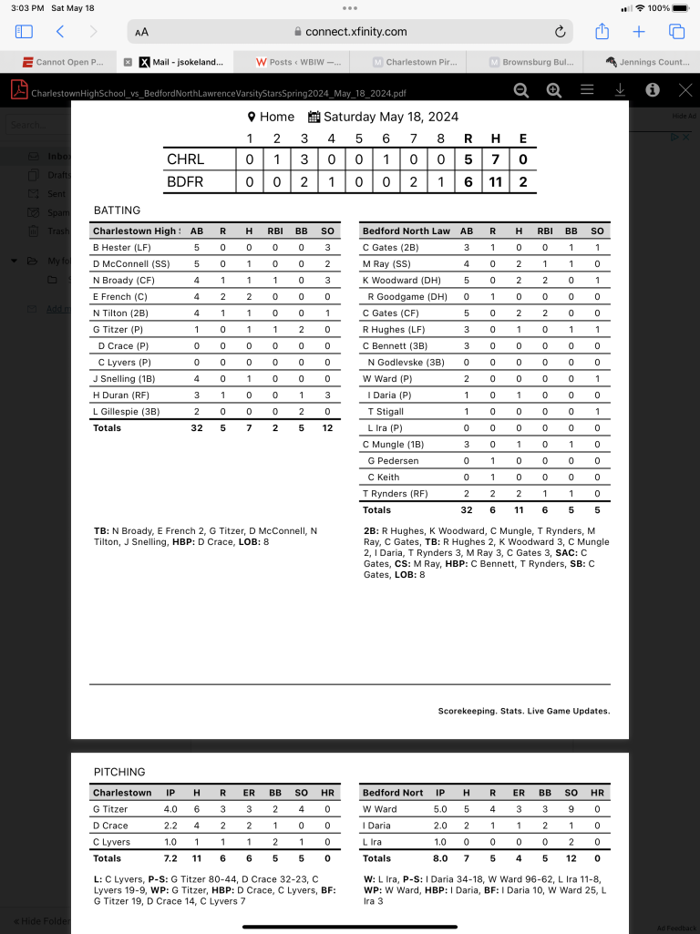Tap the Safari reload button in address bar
[x=561, y=32]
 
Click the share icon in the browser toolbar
[x=602, y=32]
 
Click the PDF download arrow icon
[x=620, y=89]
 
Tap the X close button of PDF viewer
[x=685, y=89]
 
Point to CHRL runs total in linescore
[x=468, y=159]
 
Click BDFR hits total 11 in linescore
[x=495, y=182]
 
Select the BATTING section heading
[x=118, y=210]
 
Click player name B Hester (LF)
[x=124, y=248]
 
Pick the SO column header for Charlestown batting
[x=327, y=231]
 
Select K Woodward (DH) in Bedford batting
[x=404, y=281]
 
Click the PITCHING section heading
[x=119, y=772]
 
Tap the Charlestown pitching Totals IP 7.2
[x=170, y=858]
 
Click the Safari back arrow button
[x=60, y=32]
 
